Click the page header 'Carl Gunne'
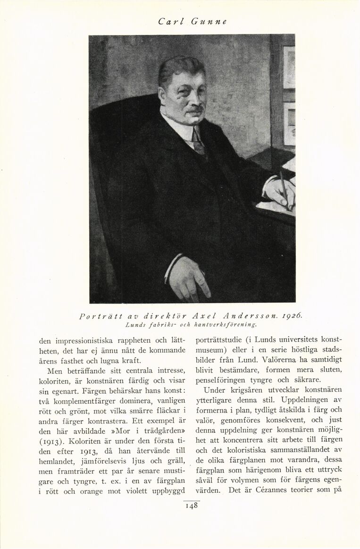pyautogui.click(x=193, y=21)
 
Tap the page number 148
pyautogui.click(x=192, y=506)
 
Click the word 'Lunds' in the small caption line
pyautogui.click(x=135, y=325)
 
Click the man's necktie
pyautogui.click(x=198, y=142)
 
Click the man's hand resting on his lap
pyautogui.click(x=188, y=278)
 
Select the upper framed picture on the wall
pyautogui.click(x=289, y=67)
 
